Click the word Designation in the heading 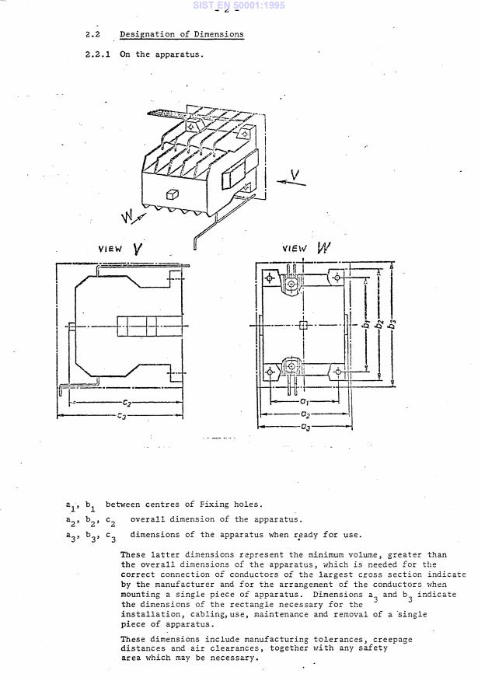143,35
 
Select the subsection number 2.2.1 99,54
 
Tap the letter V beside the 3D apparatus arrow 294,173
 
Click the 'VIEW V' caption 120,249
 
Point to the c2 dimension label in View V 125,403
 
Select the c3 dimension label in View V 122,416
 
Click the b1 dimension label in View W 365,324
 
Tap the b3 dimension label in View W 392,323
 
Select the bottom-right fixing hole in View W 336,372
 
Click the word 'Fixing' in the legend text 218,505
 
